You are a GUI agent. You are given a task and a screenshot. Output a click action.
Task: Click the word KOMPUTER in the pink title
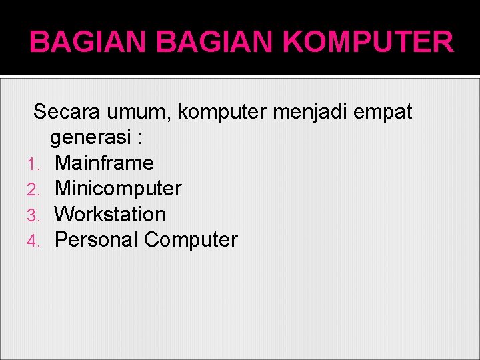tap(368, 43)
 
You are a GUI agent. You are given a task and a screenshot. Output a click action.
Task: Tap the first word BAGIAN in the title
tap(87, 43)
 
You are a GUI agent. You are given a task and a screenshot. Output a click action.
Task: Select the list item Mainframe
tap(104, 163)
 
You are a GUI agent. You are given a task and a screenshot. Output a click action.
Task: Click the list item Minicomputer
tap(118, 189)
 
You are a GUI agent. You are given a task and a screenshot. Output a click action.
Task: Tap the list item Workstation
tap(110, 214)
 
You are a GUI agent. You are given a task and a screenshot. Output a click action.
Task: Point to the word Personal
tap(97, 239)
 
